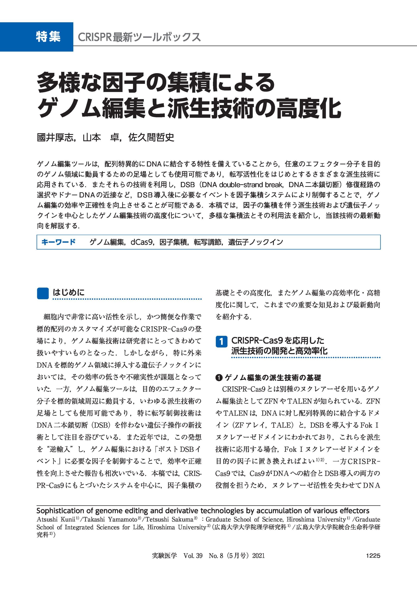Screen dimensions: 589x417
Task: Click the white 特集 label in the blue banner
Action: [48, 37]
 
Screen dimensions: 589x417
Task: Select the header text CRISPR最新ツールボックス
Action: [139, 37]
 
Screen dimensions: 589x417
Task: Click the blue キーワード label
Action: [58, 242]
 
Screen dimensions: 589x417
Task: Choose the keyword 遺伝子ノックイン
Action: [256, 242]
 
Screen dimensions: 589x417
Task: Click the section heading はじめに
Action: [68, 292]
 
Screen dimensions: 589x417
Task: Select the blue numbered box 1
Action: [221, 342]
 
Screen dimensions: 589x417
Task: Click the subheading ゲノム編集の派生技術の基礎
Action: [273, 378]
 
